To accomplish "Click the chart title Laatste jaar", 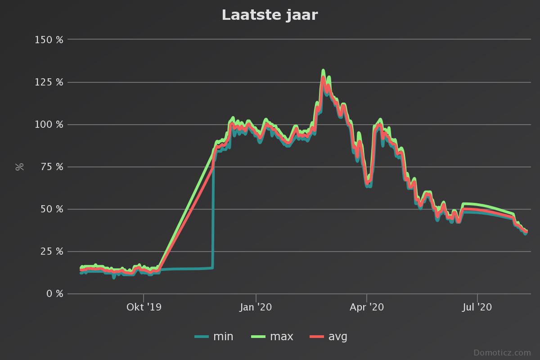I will pyautogui.click(x=270, y=15).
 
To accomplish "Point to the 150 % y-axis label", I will pyautogui.click(x=49, y=40).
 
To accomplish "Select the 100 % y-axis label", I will pyautogui.click(x=49, y=124).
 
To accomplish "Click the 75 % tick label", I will pyautogui.click(x=52, y=167).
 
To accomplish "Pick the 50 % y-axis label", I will pyautogui.click(x=52, y=209).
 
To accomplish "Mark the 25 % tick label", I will pyautogui.click(x=52, y=252).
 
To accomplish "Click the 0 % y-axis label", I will pyautogui.click(x=54, y=294).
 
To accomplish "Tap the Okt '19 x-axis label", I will pyautogui.click(x=144, y=307).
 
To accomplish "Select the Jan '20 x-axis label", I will pyautogui.click(x=256, y=307).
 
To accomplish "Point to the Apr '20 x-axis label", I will pyautogui.click(x=367, y=307).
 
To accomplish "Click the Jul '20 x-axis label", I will pyautogui.click(x=477, y=307).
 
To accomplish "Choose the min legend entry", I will pyautogui.click(x=214, y=337).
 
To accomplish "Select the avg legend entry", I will pyautogui.click(x=329, y=337).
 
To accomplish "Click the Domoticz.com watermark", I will pyautogui.click(x=502, y=352).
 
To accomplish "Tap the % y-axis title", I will pyautogui.click(x=19, y=166).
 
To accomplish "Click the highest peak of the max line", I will pyautogui.click(x=323, y=71).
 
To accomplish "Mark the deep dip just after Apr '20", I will pyautogui.click(x=369, y=182).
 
